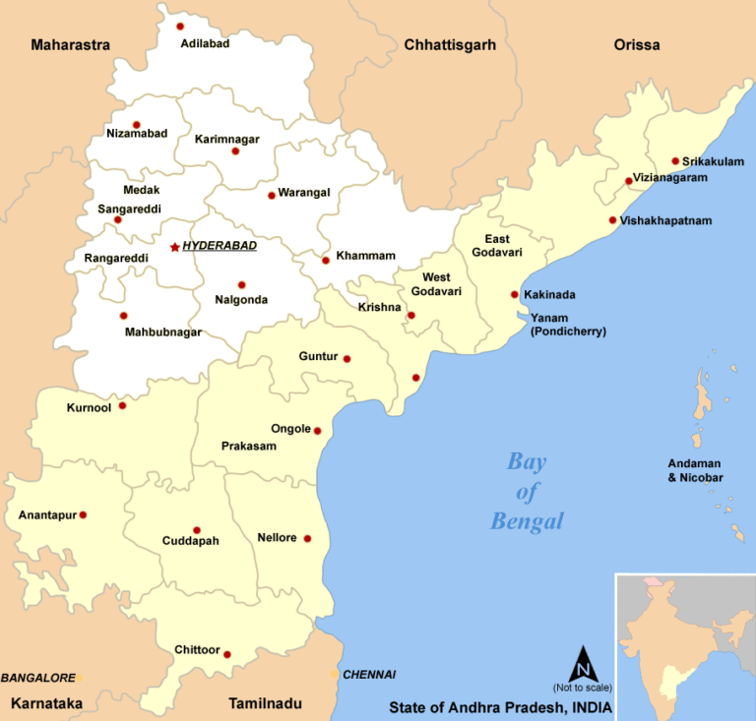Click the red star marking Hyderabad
click(x=174, y=247)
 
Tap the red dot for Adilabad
click(x=180, y=27)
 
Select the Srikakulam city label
click(x=714, y=161)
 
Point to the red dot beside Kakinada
click(x=514, y=294)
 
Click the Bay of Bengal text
click(x=527, y=491)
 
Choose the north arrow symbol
click(x=583, y=663)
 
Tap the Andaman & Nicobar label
click(x=695, y=470)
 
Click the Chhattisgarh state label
click(x=449, y=45)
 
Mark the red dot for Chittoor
click(x=227, y=654)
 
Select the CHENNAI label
click(x=368, y=675)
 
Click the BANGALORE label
click(x=37, y=678)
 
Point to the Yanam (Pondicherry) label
click(x=568, y=325)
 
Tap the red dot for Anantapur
click(x=83, y=514)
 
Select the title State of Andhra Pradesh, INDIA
click(x=499, y=707)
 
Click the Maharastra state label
click(x=71, y=45)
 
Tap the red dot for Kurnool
click(x=122, y=405)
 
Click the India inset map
click(x=684, y=645)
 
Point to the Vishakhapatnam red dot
click(x=612, y=220)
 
